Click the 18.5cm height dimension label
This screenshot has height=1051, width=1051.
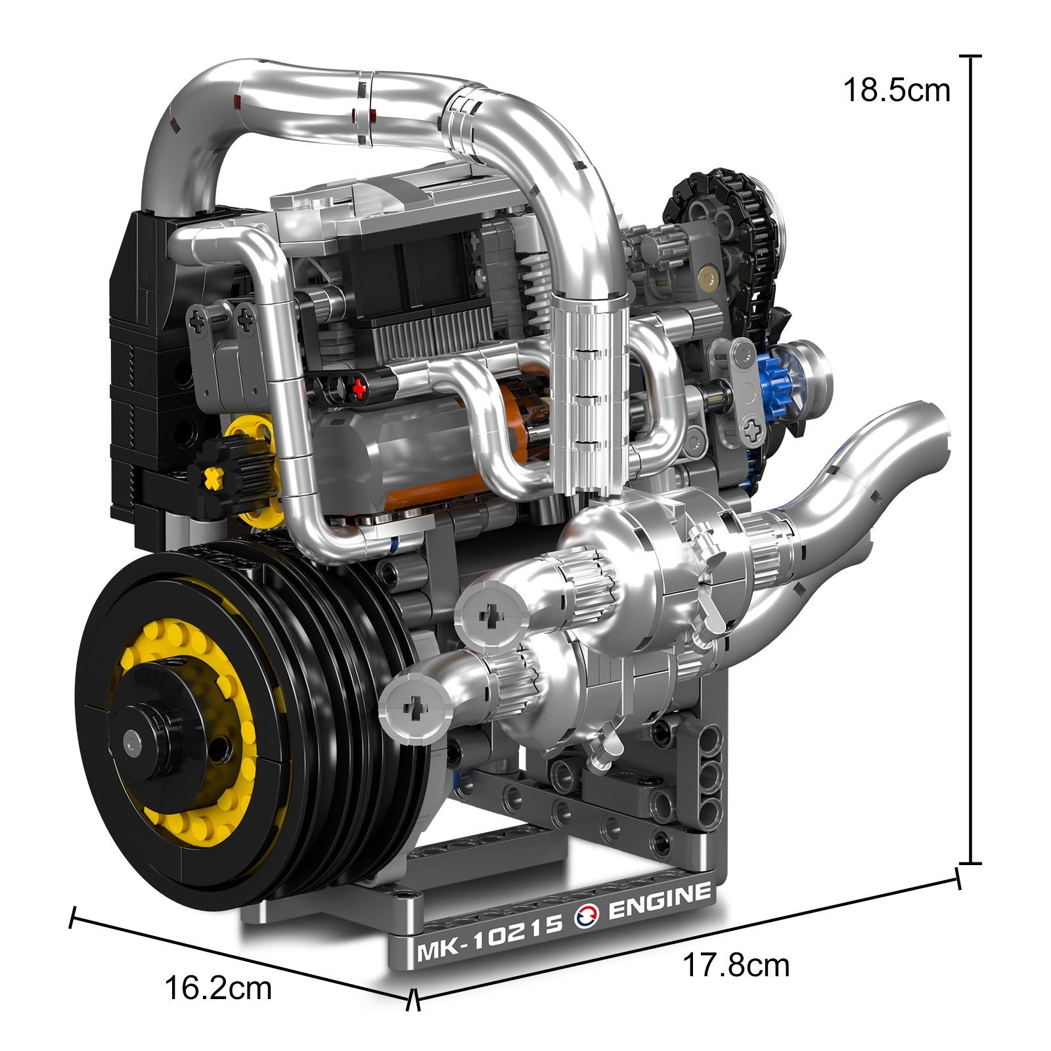(897, 91)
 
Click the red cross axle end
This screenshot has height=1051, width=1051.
(359, 388)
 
